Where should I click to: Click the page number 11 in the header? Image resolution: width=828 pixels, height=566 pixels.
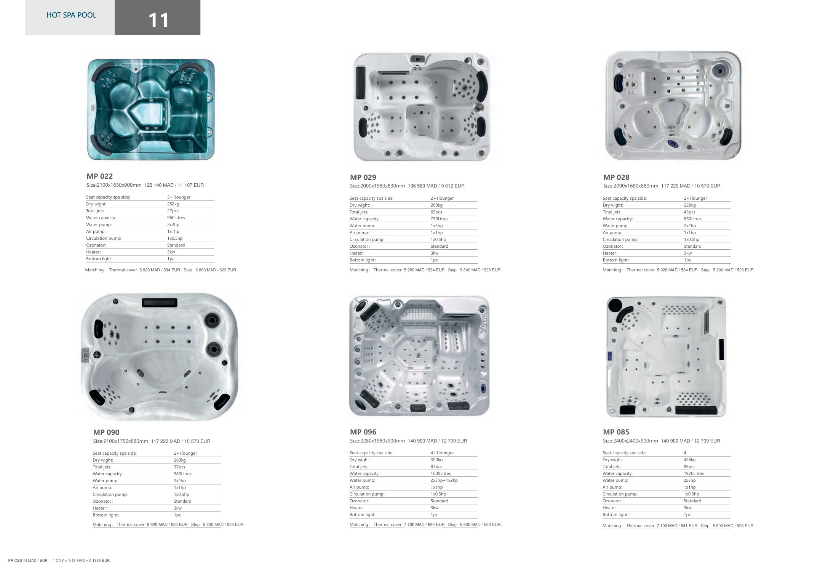158,20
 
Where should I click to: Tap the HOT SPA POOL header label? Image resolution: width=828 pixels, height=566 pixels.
71,15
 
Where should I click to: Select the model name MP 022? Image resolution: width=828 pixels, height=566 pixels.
100,176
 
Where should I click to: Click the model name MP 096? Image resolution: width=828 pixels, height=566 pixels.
363,432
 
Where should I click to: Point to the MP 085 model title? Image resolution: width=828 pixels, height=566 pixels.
616,432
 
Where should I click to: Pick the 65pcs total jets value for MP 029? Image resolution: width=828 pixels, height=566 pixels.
436,212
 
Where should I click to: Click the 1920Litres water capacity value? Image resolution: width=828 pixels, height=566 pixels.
694,473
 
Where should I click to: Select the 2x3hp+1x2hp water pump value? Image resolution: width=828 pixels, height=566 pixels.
444,480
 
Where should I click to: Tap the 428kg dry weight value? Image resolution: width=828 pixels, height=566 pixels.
689,460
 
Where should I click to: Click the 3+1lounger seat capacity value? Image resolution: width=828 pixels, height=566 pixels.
179,197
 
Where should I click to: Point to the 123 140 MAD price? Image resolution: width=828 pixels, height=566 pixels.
159,185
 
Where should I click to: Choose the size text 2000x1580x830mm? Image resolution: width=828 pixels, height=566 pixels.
384,186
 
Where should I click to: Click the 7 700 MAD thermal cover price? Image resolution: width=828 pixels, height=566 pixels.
415,524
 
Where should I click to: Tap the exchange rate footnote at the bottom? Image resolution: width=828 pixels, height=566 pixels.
81,560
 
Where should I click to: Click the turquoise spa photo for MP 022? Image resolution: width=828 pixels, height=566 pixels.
151,109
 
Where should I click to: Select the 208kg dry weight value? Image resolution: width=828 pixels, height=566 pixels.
436,205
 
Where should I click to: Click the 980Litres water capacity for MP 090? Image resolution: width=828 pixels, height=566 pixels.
182,474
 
